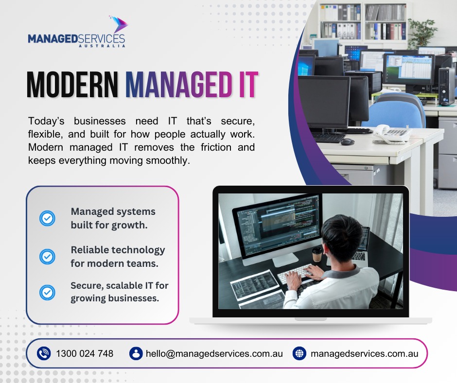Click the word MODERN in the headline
point(72,85)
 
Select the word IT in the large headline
point(248,85)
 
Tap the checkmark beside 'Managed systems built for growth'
point(47,218)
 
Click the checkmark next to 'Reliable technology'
point(47,257)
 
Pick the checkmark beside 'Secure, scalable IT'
point(47,292)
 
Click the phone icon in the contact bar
point(44,353)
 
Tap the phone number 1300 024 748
point(85,353)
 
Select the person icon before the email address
point(136,353)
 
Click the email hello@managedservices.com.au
point(214,353)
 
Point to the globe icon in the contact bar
point(299,353)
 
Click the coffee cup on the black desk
point(317,254)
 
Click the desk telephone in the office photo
point(392,134)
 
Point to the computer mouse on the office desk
point(348,142)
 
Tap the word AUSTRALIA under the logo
point(102,46)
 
